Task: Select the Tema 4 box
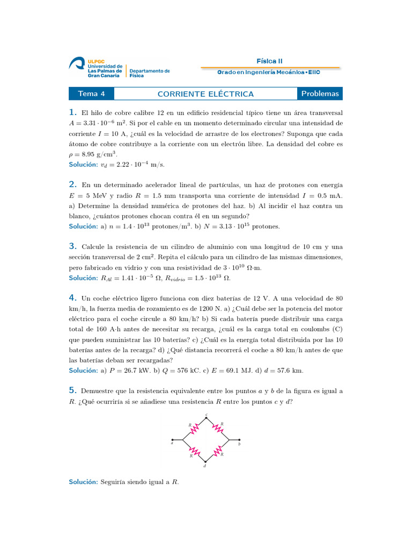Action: (91, 94)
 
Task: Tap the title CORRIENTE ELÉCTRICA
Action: (205, 94)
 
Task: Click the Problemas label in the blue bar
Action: (320, 94)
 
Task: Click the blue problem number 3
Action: (72, 246)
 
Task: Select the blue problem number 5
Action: (72, 390)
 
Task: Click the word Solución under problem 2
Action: (83, 226)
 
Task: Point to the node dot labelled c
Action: (207, 417)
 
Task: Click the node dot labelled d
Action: (205, 461)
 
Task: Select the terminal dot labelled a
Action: (172, 439)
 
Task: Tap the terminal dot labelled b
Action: (239, 439)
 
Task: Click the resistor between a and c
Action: (194, 428)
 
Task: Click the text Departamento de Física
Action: (149, 74)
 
